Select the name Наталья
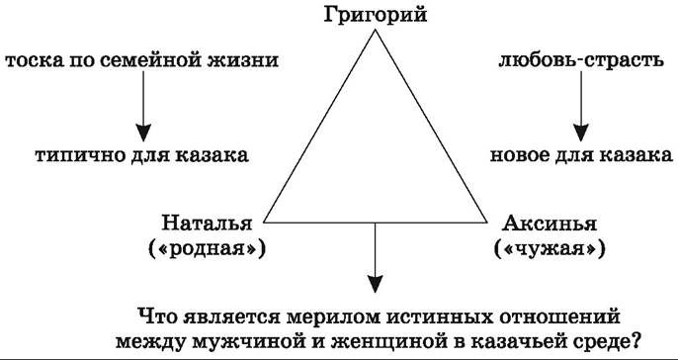coord(207,225)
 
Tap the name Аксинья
coord(550,225)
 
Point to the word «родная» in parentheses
coord(207,249)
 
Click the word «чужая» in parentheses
coord(550,249)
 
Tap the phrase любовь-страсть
coord(581,60)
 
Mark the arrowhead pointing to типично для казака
coord(143,132)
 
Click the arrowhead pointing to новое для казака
coord(581,132)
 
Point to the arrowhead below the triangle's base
coord(375,284)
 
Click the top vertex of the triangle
coord(375,30)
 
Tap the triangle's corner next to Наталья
coord(265,223)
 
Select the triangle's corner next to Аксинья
coord(486,223)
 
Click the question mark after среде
coord(636,341)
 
